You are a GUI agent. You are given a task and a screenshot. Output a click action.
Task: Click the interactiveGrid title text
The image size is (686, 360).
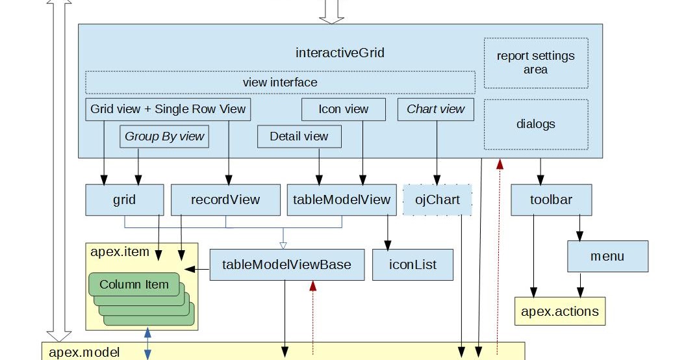(340, 53)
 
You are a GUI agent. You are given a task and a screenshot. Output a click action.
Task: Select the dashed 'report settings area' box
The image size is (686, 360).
(535, 63)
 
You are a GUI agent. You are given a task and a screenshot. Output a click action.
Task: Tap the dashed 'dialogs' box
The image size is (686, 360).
(535, 123)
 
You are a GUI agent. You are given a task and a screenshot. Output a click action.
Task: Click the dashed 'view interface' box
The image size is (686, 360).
(280, 83)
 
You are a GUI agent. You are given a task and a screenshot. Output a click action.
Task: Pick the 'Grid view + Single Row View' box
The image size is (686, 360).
(168, 109)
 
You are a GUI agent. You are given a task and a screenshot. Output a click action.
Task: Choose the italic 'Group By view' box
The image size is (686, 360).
(164, 136)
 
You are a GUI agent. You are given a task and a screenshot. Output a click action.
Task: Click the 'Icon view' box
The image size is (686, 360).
(343, 109)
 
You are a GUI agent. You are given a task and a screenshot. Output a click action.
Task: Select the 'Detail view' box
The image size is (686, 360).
(299, 136)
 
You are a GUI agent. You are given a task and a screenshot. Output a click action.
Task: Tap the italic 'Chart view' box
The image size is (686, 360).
(436, 109)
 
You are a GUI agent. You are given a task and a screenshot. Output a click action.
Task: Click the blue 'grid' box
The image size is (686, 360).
(124, 199)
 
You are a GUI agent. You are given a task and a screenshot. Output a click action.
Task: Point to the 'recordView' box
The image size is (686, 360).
(225, 199)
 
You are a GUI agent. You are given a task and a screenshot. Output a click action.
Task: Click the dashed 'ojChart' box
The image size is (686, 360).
(437, 199)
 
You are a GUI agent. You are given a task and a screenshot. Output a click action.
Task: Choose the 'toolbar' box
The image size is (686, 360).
(552, 199)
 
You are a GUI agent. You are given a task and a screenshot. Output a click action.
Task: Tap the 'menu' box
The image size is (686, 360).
(607, 256)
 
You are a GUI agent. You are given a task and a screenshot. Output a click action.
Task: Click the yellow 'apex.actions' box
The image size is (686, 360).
(559, 311)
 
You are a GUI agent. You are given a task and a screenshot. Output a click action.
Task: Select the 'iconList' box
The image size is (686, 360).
(413, 264)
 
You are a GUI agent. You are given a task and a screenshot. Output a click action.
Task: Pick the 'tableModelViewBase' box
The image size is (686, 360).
(286, 264)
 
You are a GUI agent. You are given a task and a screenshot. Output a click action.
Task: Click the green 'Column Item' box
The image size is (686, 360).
(134, 284)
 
